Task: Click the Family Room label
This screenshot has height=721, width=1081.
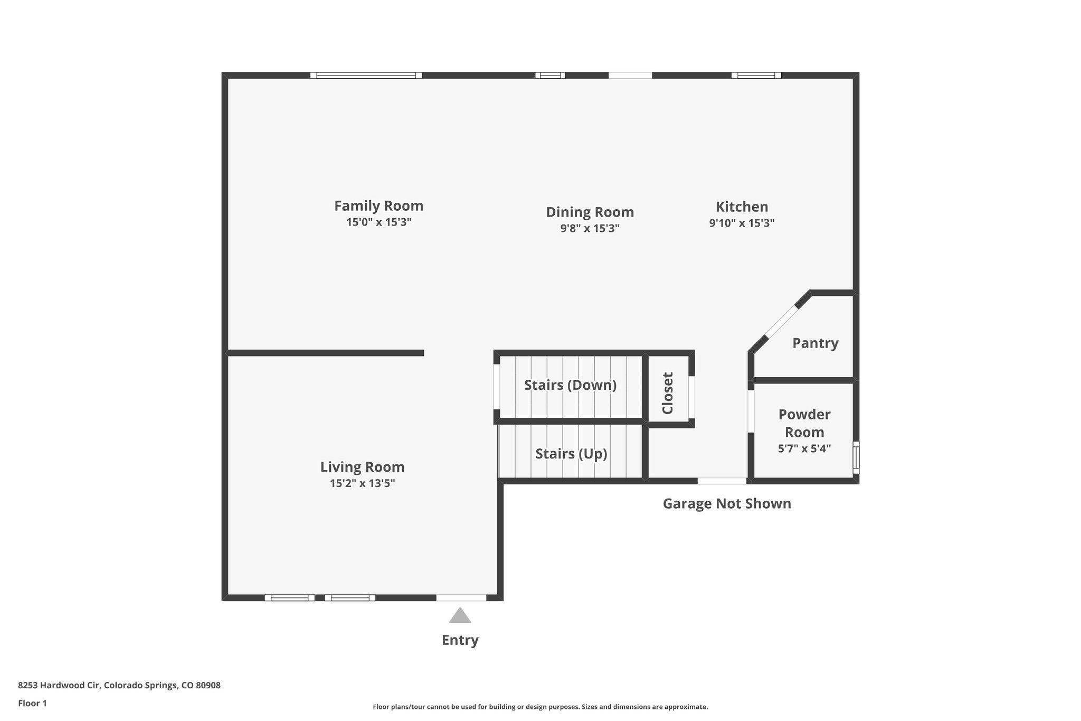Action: pos(378,205)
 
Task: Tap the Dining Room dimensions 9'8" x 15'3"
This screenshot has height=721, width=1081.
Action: pos(590,228)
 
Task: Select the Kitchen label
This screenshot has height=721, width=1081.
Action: pos(742,207)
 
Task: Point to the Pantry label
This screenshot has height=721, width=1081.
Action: pos(815,343)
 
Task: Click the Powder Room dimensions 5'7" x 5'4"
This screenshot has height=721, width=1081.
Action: pos(804,448)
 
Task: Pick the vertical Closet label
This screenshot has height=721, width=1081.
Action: pos(668,393)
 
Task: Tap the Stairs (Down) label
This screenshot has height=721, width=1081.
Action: pos(570,385)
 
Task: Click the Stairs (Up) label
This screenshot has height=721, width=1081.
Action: pos(571,454)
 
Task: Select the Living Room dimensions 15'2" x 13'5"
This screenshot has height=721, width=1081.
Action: pos(362,483)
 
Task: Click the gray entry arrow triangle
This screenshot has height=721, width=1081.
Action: pos(460,616)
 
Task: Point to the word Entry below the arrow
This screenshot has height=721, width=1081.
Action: pos(460,640)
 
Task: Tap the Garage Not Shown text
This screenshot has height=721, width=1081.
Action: pos(727,503)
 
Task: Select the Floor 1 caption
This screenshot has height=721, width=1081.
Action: pos(32,703)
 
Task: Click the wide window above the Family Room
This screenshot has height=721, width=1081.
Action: pos(366,76)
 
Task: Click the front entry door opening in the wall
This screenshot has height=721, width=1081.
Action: pos(461,598)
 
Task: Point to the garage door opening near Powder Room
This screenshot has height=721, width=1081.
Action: pos(722,481)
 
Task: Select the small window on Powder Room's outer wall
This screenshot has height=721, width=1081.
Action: pos(856,457)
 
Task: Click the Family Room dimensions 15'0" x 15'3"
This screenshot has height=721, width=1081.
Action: pos(378,222)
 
